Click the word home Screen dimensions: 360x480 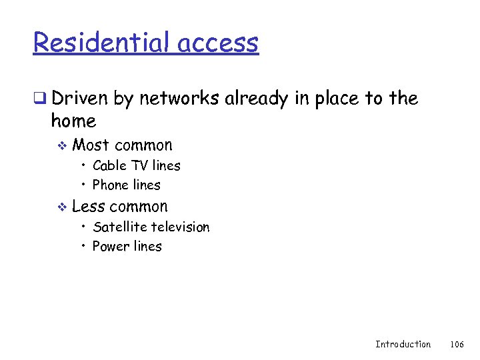(x=73, y=121)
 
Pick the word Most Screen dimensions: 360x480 (x=91, y=145)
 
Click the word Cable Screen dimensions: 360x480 (x=110, y=165)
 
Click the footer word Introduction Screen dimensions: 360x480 (x=403, y=344)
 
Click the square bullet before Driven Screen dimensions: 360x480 (x=39, y=99)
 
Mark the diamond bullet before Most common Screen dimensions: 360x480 (x=61, y=146)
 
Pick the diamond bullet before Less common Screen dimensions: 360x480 (x=61, y=207)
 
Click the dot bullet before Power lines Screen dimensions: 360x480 (x=84, y=247)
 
